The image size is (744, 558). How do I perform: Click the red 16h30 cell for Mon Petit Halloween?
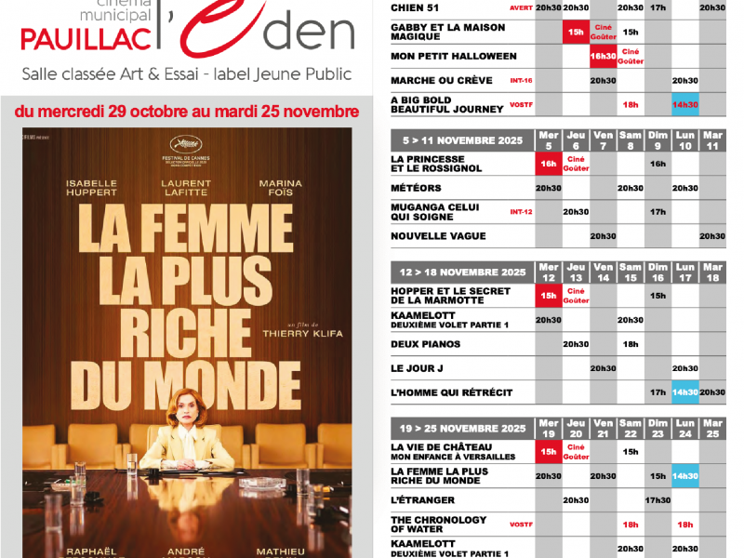click(603, 56)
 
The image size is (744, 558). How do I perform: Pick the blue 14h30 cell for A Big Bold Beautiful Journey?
click(685, 104)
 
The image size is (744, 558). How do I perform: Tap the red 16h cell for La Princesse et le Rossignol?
click(548, 164)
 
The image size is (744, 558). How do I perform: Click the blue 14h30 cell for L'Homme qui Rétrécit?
click(685, 392)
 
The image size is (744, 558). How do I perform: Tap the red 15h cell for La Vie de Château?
click(548, 452)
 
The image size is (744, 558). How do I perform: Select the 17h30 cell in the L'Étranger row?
click(658, 500)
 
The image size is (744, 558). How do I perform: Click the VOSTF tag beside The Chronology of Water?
click(521, 525)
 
